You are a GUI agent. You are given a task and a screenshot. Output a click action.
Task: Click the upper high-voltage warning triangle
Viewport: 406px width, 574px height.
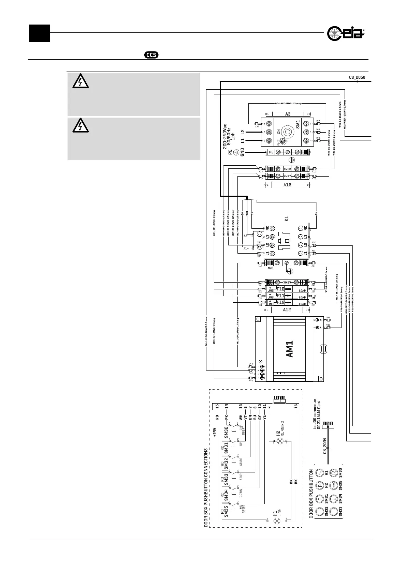[81, 82]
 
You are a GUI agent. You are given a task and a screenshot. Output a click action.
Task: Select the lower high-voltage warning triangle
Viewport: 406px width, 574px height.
[81, 126]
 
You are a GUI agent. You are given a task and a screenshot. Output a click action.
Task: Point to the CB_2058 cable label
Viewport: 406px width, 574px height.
[357, 77]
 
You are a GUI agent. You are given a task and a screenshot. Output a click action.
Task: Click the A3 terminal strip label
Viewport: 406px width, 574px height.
[288, 114]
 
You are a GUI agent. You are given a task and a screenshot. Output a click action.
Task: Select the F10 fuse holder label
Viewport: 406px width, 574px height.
[280, 289]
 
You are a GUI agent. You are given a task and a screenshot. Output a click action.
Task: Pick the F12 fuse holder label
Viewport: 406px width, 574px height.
[280, 302]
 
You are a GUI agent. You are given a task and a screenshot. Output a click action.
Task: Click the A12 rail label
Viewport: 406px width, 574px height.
[287, 309]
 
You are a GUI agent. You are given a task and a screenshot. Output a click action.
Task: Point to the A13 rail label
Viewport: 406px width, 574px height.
[288, 185]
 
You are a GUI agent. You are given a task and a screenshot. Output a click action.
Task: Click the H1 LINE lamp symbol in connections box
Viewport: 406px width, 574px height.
[277, 521]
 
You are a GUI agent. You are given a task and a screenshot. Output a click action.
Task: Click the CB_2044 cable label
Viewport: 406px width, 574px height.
[325, 446]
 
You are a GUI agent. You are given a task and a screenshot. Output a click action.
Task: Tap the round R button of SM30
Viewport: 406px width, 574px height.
[334, 473]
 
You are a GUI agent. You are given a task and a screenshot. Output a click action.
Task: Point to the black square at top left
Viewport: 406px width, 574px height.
[39, 33]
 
